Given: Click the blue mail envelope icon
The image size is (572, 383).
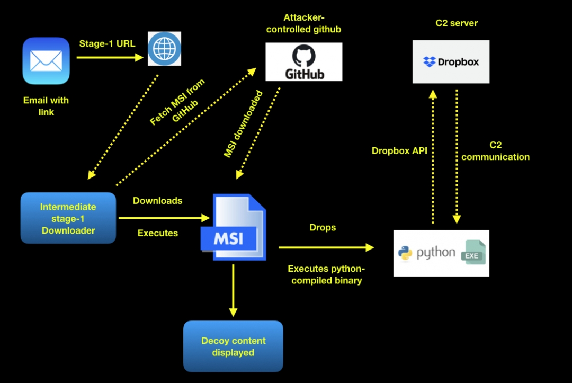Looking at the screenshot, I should pyautogui.click(x=46, y=61).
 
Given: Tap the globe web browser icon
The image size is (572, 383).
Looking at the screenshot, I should pyautogui.click(x=164, y=49).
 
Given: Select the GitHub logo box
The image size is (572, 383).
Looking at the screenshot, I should pyautogui.click(x=304, y=62).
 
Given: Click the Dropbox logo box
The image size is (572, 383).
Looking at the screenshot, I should pyautogui.click(x=451, y=62).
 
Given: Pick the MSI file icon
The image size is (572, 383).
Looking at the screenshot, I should pyautogui.click(x=233, y=227).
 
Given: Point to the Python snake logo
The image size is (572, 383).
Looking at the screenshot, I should pyautogui.click(x=405, y=254).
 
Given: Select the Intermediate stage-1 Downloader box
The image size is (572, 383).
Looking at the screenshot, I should pyautogui.click(x=68, y=218).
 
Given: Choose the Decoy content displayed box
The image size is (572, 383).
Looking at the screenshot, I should pyautogui.click(x=233, y=346).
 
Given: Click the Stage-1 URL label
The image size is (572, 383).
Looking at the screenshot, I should pyautogui.click(x=107, y=44).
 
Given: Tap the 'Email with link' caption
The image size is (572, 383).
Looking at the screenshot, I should pyautogui.click(x=46, y=106).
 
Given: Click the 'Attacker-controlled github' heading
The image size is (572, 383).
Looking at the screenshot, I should pyautogui.click(x=304, y=24).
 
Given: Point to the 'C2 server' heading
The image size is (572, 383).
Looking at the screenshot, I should pyautogui.click(x=456, y=23).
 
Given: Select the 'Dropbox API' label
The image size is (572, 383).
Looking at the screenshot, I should pyautogui.click(x=399, y=151).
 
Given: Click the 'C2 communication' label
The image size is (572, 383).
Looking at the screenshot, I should pyautogui.click(x=495, y=151).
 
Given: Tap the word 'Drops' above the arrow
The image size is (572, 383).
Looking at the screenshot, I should pyautogui.click(x=323, y=227).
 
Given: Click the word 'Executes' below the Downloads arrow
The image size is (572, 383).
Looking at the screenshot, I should pyautogui.click(x=158, y=233).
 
